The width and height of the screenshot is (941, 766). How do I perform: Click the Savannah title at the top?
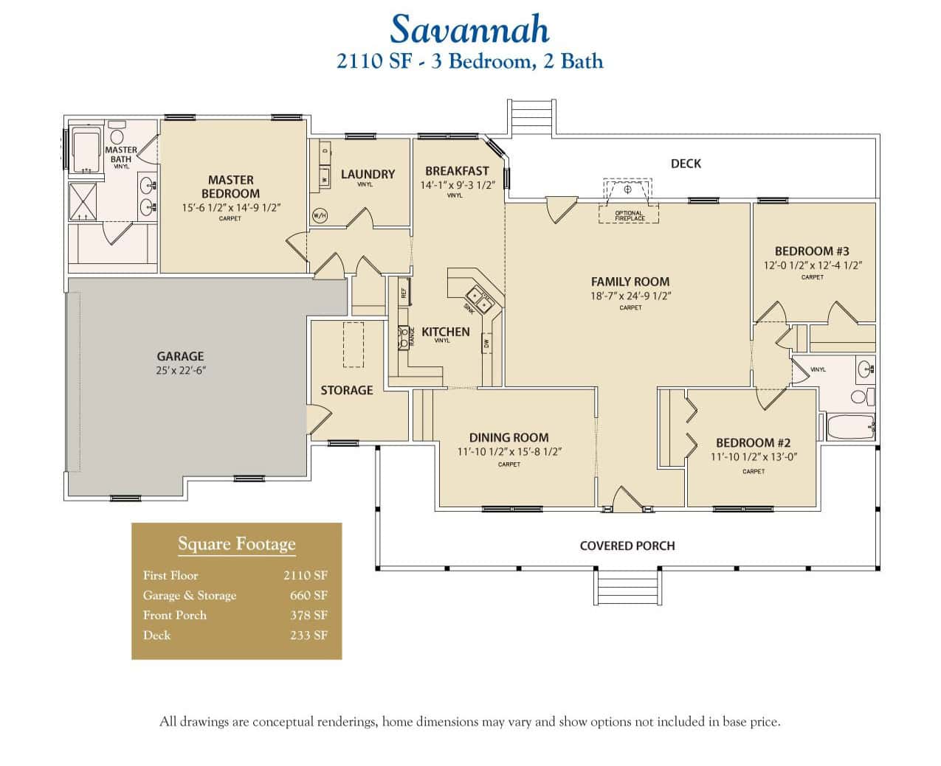pyautogui.click(x=469, y=29)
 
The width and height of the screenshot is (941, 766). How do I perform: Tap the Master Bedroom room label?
pyautogui.click(x=230, y=187)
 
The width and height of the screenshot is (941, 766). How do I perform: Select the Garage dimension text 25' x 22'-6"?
pyautogui.click(x=180, y=371)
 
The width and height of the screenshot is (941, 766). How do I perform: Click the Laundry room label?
pyautogui.click(x=368, y=174)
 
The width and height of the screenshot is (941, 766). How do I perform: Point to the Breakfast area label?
pyautogui.click(x=457, y=171)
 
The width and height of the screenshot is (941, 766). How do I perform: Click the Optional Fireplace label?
pyautogui.click(x=630, y=216)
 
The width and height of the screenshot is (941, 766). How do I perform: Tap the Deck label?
pyautogui.click(x=686, y=164)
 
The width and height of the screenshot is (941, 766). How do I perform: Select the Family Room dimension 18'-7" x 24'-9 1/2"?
pyautogui.click(x=630, y=296)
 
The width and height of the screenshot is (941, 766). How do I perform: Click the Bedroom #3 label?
pyautogui.click(x=812, y=251)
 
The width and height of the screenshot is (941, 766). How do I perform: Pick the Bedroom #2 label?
pyautogui.click(x=753, y=442)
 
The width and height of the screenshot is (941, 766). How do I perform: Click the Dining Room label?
pyautogui.click(x=509, y=437)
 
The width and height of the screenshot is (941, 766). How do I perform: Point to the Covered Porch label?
pyautogui.click(x=627, y=546)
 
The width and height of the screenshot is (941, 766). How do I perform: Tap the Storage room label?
pyautogui.click(x=346, y=390)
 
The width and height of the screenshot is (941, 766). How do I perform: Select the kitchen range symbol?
pyautogui.click(x=404, y=337)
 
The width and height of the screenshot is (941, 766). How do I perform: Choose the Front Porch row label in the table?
pyautogui.click(x=175, y=615)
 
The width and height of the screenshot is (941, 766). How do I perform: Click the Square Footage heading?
pyautogui.click(x=236, y=544)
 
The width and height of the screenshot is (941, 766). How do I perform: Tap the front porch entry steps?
pyautogui.click(x=627, y=588)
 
